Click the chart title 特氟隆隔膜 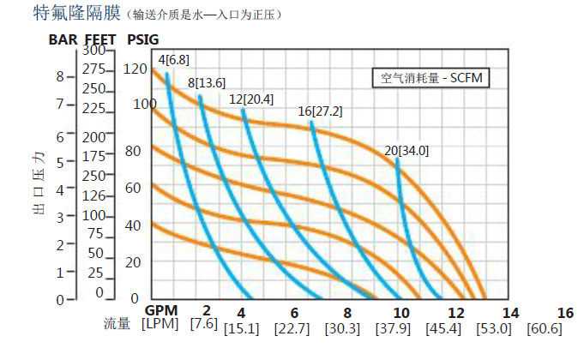click(x=63, y=14)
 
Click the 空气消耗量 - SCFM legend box click(x=430, y=78)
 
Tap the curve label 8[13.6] click(x=207, y=82)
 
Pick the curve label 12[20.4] click(x=251, y=99)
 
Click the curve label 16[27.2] click(x=320, y=112)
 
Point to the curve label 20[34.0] click(x=406, y=151)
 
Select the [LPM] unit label click(x=160, y=324)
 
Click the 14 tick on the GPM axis click(x=510, y=312)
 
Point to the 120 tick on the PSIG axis click(x=135, y=69)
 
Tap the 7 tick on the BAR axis click(x=60, y=104)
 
